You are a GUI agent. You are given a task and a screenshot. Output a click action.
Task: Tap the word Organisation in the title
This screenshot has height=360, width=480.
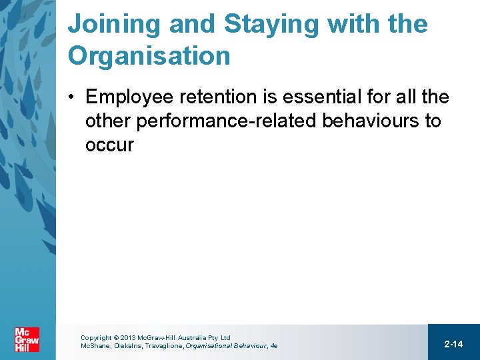149,56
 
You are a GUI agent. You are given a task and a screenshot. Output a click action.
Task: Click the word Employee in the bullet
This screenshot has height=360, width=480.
129,97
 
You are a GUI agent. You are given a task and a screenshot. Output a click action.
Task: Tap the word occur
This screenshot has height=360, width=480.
109,145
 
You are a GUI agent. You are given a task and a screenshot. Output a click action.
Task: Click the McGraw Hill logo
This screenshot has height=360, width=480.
27,340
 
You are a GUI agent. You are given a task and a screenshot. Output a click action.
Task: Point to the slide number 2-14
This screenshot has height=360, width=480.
453,344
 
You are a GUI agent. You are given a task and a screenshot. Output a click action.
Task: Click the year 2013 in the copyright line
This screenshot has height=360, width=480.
127,338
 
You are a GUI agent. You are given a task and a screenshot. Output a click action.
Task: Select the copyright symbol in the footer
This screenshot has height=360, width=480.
116,338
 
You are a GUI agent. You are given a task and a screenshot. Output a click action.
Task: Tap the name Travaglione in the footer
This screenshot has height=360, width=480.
168,346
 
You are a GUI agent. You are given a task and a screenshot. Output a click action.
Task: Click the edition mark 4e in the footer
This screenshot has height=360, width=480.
273,346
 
